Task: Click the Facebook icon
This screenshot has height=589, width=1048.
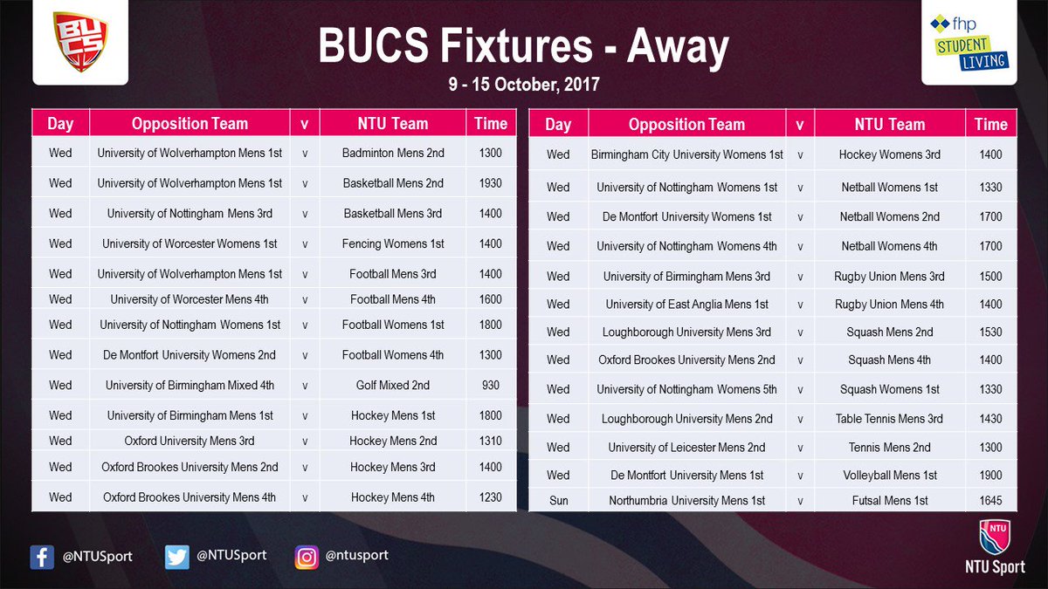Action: [x=42, y=557]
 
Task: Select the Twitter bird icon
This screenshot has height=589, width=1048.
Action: [x=177, y=557]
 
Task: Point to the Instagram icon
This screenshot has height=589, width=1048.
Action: [x=307, y=557]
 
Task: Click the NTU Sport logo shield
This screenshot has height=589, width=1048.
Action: [x=995, y=538]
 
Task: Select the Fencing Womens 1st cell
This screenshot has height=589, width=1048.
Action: [x=393, y=243]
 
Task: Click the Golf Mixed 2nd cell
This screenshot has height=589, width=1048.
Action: [x=393, y=386]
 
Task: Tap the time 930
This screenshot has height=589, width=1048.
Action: [x=491, y=386]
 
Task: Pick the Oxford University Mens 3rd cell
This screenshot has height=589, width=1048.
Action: [x=190, y=441]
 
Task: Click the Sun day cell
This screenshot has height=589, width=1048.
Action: [x=558, y=501]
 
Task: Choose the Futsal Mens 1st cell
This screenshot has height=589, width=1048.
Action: [x=889, y=501]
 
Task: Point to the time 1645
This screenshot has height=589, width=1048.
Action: [x=990, y=501]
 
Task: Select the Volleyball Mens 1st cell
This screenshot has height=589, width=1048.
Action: [x=889, y=476]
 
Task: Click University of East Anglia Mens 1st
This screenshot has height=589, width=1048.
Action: [x=686, y=305]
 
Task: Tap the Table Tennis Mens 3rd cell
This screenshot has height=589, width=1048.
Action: [x=889, y=419]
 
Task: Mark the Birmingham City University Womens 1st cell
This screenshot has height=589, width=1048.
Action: [x=686, y=154]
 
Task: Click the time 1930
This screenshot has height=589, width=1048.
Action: [x=491, y=183]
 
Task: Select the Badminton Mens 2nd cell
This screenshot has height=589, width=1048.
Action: [x=393, y=153]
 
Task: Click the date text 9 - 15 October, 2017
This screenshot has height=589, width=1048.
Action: [x=523, y=86]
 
